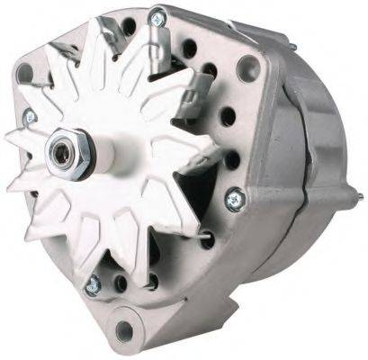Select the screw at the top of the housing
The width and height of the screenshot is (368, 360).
[158, 15]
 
